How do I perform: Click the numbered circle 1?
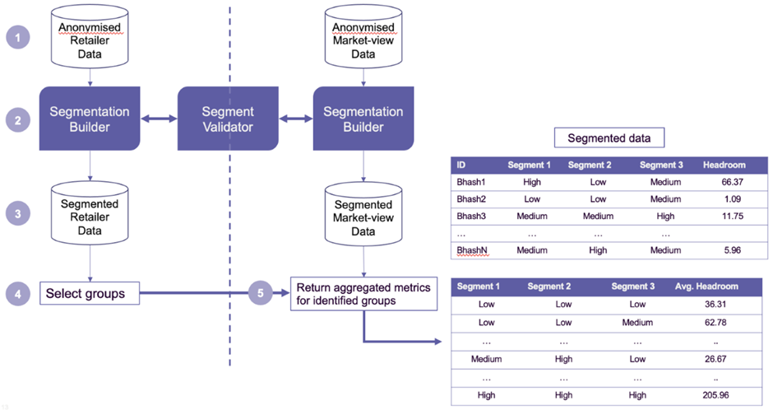pyautogui.click(x=18, y=37)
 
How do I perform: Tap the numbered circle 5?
pyautogui.click(x=261, y=293)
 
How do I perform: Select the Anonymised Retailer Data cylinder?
pyautogui.click(x=90, y=36)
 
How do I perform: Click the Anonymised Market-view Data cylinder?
pyautogui.click(x=363, y=36)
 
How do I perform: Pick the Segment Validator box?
pyautogui.click(x=228, y=119)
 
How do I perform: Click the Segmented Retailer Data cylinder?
pyautogui.click(x=90, y=213)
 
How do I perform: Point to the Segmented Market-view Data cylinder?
pyautogui.click(x=363, y=214)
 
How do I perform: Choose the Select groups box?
pyautogui.click(x=90, y=293)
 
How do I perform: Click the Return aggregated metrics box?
pyautogui.click(x=363, y=294)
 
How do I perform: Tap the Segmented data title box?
pyautogui.click(x=609, y=137)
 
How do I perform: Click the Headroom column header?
pyautogui.click(x=724, y=165)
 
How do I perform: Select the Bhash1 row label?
pyautogui.click(x=471, y=182)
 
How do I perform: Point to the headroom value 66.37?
pyautogui.click(x=733, y=182)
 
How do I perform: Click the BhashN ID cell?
pyautogui.click(x=472, y=250)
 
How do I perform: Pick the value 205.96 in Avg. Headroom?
pyautogui.click(x=715, y=395)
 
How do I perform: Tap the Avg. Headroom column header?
pyautogui.click(x=706, y=287)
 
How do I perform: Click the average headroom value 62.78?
pyautogui.click(x=715, y=323)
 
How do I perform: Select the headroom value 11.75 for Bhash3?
pyautogui.click(x=733, y=216)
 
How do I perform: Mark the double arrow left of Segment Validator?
pyautogui.click(x=159, y=119)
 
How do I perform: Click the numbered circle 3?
pyautogui.click(x=18, y=213)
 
